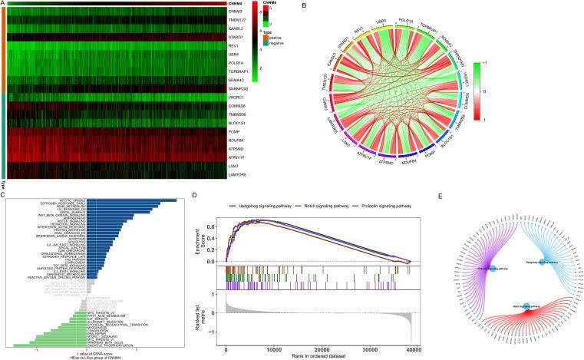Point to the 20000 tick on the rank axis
319,348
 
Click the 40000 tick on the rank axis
412,348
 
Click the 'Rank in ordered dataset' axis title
319,355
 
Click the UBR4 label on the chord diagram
381,17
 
